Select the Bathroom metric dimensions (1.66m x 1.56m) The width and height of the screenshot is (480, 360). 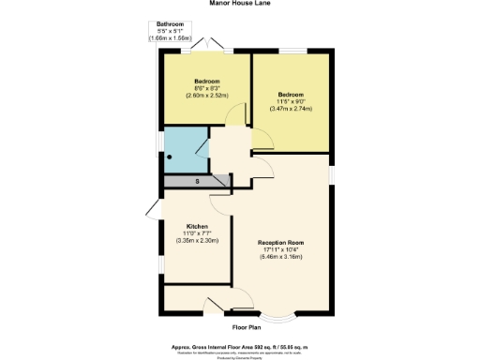[170, 38]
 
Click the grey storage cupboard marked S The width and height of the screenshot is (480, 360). [197, 181]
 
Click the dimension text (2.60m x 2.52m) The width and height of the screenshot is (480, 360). [206, 96]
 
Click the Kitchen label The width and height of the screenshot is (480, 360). [197, 226]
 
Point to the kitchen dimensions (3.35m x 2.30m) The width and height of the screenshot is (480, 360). [197, 241]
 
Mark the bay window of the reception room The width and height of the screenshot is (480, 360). [281, 314]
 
